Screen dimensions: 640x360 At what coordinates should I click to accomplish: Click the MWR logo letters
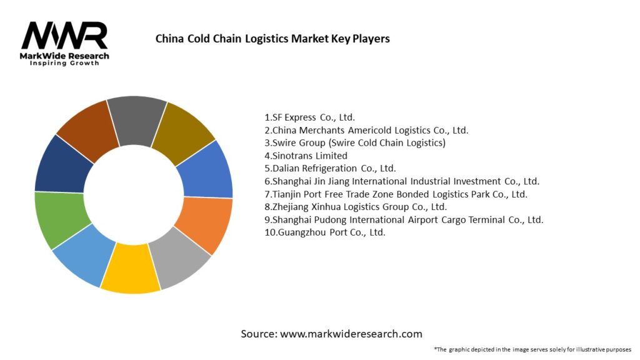[64, 36]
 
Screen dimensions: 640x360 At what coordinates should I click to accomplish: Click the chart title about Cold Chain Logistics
[272, 39]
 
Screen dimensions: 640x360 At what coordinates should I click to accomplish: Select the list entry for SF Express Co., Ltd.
[310, 117]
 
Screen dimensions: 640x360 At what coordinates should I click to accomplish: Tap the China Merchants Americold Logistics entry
[366, 130]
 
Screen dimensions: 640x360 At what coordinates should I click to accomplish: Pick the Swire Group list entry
[355, 143]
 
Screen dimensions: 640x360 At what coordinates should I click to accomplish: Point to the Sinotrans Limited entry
[306, 156]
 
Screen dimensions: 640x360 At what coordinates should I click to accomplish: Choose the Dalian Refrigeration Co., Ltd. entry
[330, 168]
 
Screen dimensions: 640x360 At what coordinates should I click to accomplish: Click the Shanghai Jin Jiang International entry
[402, 181]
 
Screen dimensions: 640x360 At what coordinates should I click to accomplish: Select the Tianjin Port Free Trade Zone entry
[396, 194]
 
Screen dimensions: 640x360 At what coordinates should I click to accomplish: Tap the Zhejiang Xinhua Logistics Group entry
[356, 206]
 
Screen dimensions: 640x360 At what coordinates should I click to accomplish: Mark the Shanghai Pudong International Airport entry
[404, 219]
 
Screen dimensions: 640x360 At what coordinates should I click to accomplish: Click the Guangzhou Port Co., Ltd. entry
[325, 232]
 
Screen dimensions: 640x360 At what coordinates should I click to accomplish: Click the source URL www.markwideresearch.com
[351, 334]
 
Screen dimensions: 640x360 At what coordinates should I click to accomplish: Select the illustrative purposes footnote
[532, 349]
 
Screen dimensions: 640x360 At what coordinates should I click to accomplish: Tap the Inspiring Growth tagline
[64, 63]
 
